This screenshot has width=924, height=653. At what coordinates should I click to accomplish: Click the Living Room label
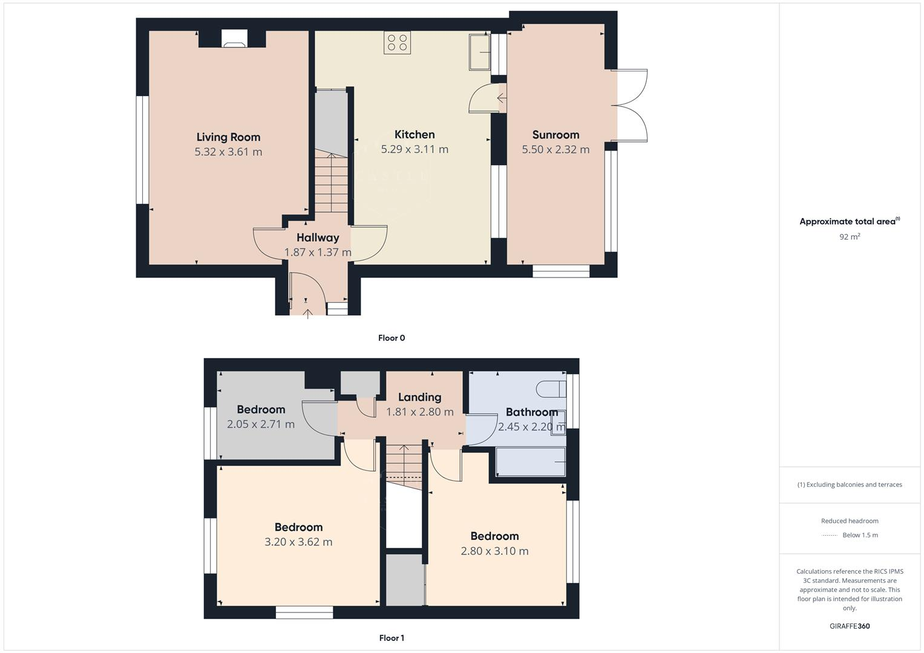click(228, 137)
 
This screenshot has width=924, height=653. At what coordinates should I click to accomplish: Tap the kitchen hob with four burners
click(397, 43)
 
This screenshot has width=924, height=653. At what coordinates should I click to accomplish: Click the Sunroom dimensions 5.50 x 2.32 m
click(555, 149)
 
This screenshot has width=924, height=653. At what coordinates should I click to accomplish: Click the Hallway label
click(318, 238)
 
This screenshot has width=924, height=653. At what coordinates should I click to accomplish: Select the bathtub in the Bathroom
click(531, 461)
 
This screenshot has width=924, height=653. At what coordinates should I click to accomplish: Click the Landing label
click(419, 397)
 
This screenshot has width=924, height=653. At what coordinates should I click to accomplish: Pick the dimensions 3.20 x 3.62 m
click(298, 542)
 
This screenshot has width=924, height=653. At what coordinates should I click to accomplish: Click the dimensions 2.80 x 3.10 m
click(494, 551)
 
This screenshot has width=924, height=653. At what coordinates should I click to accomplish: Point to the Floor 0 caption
click(392, 338)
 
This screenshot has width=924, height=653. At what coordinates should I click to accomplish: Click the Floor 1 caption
click(392, 638)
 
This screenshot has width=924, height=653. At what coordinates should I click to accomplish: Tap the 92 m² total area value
click(850, 237)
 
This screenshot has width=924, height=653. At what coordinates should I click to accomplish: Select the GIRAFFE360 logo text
click(850, 626)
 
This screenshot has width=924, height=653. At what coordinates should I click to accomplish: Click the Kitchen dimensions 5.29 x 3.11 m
click(414, 149)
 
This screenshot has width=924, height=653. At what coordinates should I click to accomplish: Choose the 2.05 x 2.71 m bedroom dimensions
click(261, 424)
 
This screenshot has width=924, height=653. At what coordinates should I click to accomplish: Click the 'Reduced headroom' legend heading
click(850, 521)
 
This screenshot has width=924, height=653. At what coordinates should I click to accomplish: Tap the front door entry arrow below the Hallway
click(307, 313)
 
